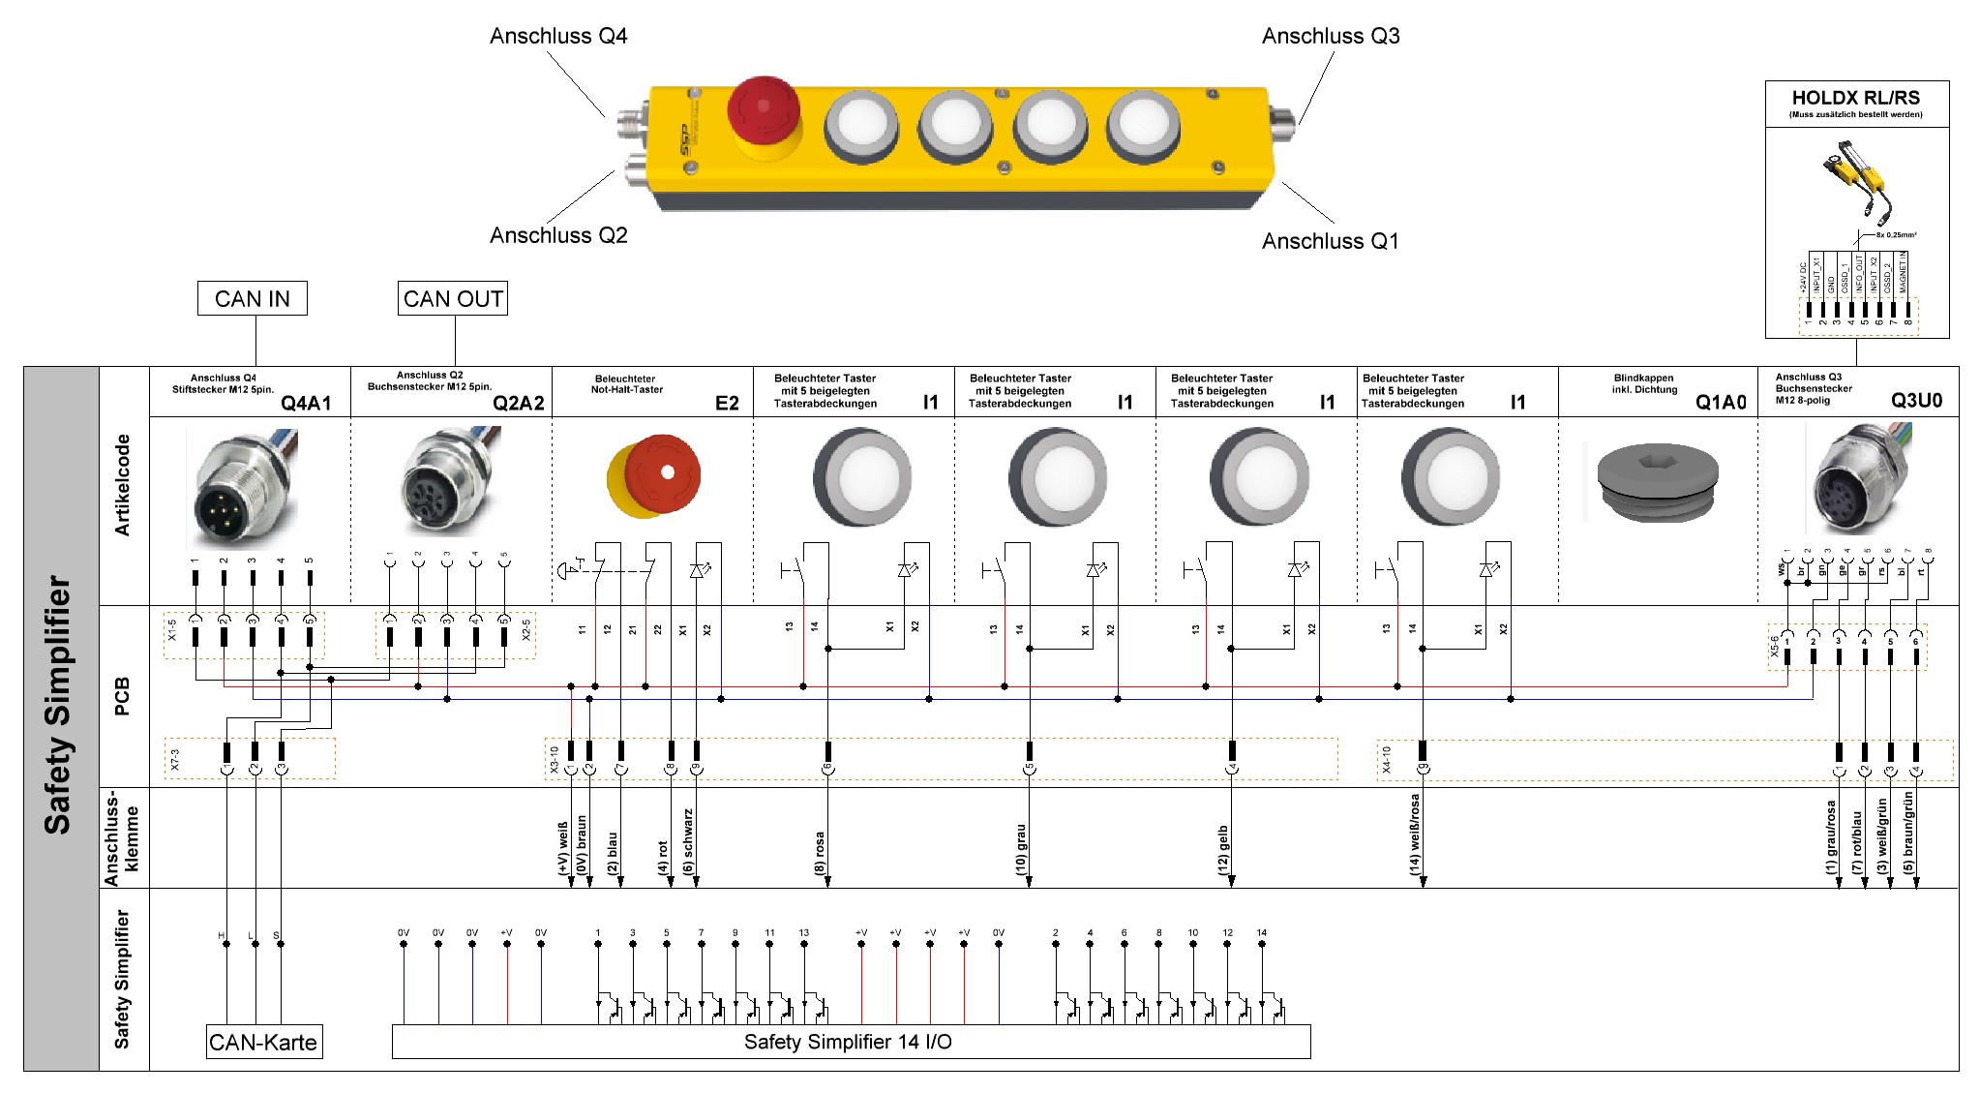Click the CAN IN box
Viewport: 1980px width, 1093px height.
click(x=252, y=298)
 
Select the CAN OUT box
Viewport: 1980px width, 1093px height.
click(x=453, y=298)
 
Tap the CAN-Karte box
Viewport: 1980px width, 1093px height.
click(x=263, y=1043)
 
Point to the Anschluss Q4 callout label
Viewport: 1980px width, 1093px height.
click(x=558, y=37)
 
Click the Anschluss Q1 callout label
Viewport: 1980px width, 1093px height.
click(x=1330, y=241)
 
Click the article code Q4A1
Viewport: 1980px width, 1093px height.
click(x=306, y=403)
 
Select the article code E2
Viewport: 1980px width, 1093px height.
click(x=727, y=403)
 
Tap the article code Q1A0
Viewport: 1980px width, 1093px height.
click(x=1721, y=403)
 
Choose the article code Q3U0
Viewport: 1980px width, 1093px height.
click(x=1916, y=401)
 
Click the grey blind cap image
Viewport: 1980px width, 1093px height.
click(x=1657, y=482)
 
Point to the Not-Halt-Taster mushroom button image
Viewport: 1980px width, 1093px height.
click(x=655, y=476)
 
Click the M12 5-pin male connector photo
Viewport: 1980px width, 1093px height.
click(x=242, y=489)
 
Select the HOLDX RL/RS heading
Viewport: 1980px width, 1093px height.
click(x=1855, y=98)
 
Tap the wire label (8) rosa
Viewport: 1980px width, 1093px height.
click(x=821, y=853)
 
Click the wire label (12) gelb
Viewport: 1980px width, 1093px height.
click(x=1223, y=850)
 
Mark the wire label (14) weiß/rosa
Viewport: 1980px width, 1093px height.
click(x=1415, y=835)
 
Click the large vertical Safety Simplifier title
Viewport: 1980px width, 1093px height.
click(x=58, y=705)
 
